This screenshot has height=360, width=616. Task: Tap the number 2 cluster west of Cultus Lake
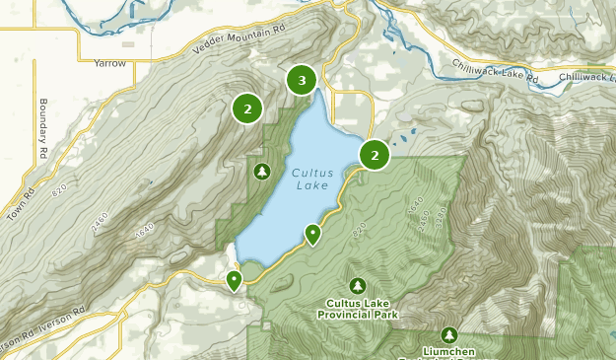pyautogui.click(x=247, y=108)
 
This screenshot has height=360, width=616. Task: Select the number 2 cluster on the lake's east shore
pyautogui.click(x=375, y=155)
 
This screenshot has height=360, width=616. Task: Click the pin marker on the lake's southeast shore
pyautogui.click(x=312, y=235)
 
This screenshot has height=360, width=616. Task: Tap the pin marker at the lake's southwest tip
pyautogui.click(x=234, y=281)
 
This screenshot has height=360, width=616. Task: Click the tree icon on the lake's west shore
pyautogui.click(x=261, y=172)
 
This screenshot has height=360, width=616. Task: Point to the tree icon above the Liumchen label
pyautogui.click(x=449, y=335)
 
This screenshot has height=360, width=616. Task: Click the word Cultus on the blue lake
pyautogui.click(x=311, y=173)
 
